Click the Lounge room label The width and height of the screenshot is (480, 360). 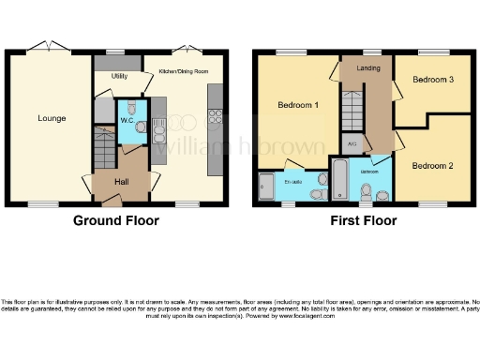tap(52, 118)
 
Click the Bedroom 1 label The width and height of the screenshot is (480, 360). tap(298, 105)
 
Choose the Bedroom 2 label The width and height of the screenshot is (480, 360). tap(432, 165)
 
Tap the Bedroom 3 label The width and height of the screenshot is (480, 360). tap(433, 80)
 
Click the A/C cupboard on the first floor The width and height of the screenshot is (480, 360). tap(352, 144)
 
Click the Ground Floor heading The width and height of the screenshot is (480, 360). tap(117, 221)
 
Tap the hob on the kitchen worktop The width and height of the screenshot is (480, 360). tap(214, 117)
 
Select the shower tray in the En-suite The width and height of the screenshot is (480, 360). tap(267, 187)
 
